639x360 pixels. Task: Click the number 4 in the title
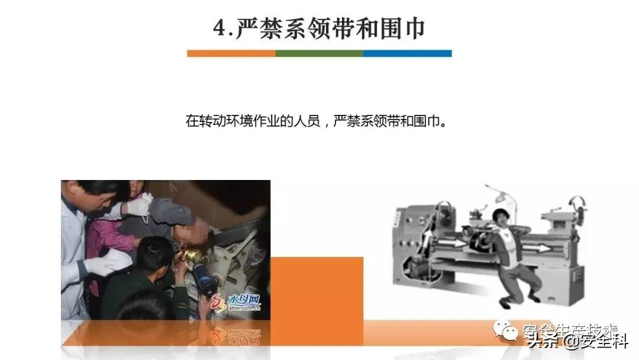(x=221, y=28)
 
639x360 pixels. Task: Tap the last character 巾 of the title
(x=414, y=28)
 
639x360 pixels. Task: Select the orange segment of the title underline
(x=231, y=53)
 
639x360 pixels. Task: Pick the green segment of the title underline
(x=319, y=53)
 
